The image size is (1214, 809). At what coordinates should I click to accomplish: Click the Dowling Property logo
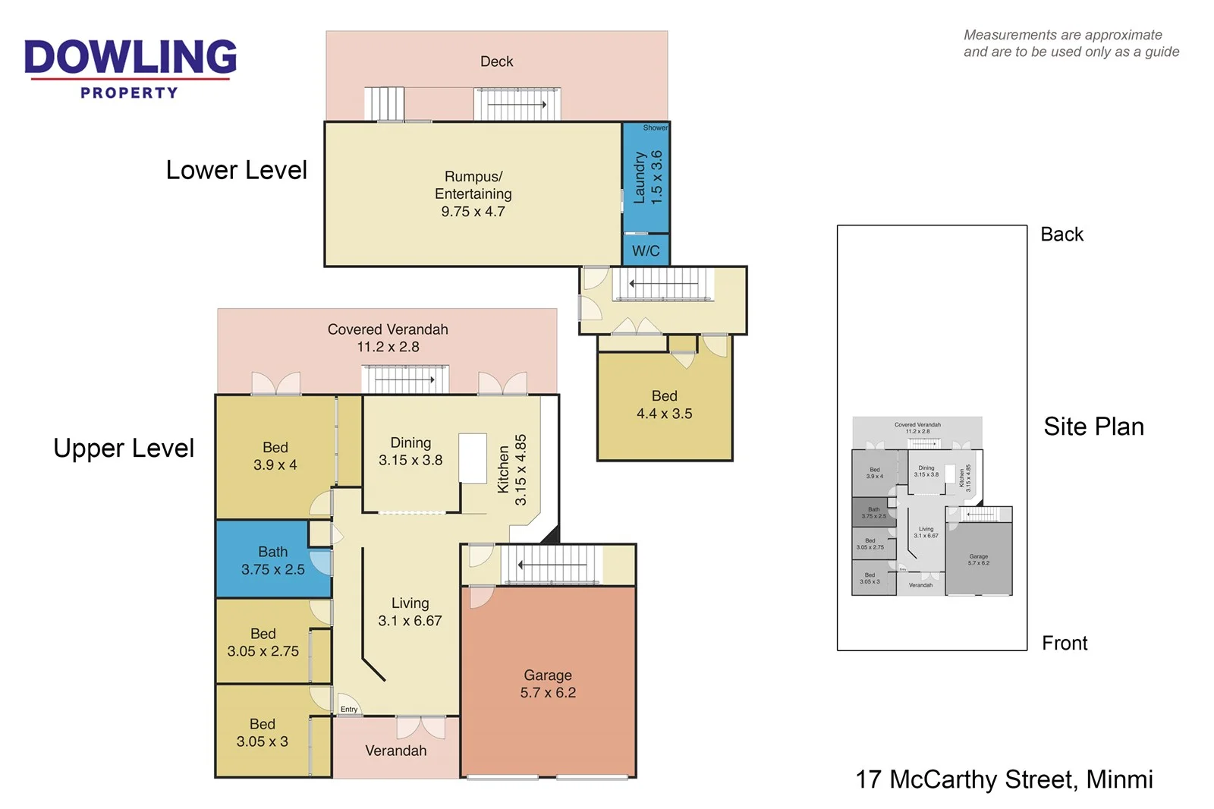(x=130, y=69)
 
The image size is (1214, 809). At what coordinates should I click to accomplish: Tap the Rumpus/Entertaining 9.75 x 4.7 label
(x=473, y=194)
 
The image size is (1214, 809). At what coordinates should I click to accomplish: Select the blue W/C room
(x=646, y=250)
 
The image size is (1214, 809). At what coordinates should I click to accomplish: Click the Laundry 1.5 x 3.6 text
(x=647, y=178)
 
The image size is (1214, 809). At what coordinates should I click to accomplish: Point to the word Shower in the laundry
(x=655, y=127)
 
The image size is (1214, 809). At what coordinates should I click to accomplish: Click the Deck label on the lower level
(x=496, y=61)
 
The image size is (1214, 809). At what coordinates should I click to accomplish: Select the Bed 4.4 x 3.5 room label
(x=664, y=404)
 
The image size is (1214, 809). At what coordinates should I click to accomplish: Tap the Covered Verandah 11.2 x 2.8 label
(x=388, y=338)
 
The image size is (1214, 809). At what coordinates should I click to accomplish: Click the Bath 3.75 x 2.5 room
(x=272, y=560)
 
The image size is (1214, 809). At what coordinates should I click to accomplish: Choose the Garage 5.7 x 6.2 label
(x=547, y=684)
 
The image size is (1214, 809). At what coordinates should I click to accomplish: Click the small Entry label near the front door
(x=348, y=710)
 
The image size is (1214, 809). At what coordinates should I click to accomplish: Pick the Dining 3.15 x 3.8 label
(x=410, y=451)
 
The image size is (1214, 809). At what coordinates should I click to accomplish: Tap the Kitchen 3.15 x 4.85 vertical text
(x=511, y=470)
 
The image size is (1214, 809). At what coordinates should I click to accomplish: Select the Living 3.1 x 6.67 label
(x=410, y=612)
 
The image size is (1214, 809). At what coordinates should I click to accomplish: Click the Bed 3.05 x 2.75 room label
(x=263, y=642)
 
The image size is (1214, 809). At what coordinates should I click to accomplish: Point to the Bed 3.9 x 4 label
(x=275, y=455)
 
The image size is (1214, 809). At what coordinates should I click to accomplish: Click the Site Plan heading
(x=1093, y=427)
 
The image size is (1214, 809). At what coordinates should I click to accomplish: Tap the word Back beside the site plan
(x=1061, y=235)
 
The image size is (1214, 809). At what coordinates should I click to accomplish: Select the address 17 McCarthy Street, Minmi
(x=1003, y=779)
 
